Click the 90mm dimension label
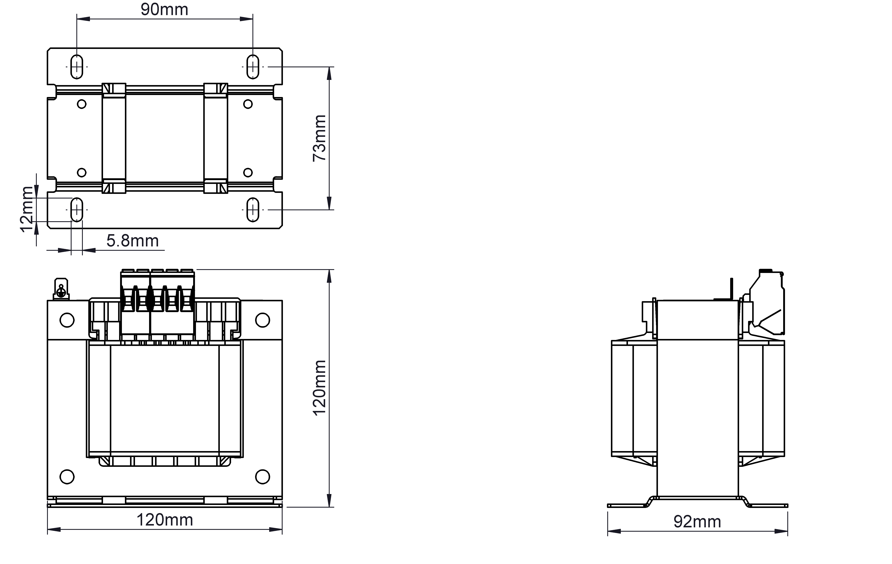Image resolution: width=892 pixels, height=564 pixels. [x=164, y=10]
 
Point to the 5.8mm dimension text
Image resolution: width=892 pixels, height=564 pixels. [x=133, y=241]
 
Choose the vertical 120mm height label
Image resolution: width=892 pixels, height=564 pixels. [x=319, y=388]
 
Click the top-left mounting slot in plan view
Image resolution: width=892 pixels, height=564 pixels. [x=77, y=67]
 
